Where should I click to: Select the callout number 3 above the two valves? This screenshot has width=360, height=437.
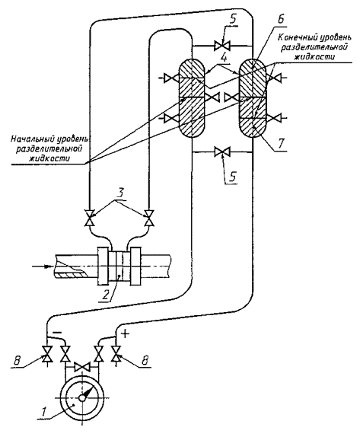[120, 194]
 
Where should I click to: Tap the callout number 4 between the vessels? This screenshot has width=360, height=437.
[223, 59]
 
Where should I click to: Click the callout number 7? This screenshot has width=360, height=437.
[281, 144]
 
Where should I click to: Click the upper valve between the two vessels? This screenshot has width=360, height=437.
[221, 46]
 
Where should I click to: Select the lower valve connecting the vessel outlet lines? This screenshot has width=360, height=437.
[221, 152]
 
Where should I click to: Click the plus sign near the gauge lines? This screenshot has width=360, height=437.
[125, 334]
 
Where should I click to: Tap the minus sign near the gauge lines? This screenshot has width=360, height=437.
[57, 333]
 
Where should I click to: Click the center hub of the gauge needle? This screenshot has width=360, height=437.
[82, 398]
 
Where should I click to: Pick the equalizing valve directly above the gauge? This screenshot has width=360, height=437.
[81, 367]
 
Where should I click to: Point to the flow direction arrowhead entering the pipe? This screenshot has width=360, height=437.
[48, 266]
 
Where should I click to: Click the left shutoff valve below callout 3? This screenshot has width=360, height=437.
[89, 218]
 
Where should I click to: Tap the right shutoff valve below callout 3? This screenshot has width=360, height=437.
[150, 218]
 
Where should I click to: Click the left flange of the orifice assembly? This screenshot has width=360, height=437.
[102, 266]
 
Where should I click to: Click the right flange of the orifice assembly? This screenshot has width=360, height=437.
[136, 266]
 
